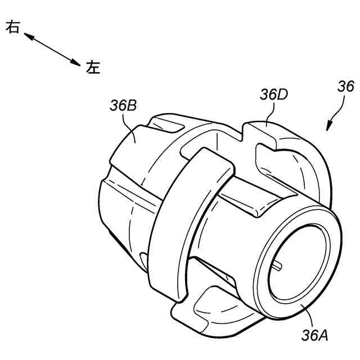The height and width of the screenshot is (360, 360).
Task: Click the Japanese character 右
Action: [12, 27]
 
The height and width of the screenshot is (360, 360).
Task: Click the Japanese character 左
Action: [93, 67]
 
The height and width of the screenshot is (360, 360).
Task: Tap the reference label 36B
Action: [123, 106]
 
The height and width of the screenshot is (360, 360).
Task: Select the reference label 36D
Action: [274, 94]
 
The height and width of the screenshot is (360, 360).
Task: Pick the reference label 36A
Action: [315, 335]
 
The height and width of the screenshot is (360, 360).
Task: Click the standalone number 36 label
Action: [346, 87]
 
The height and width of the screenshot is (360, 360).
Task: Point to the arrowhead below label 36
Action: [328, 127]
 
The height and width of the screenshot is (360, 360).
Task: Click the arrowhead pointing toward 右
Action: [28, 36]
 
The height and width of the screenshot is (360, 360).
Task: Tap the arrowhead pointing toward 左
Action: [76, 63]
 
